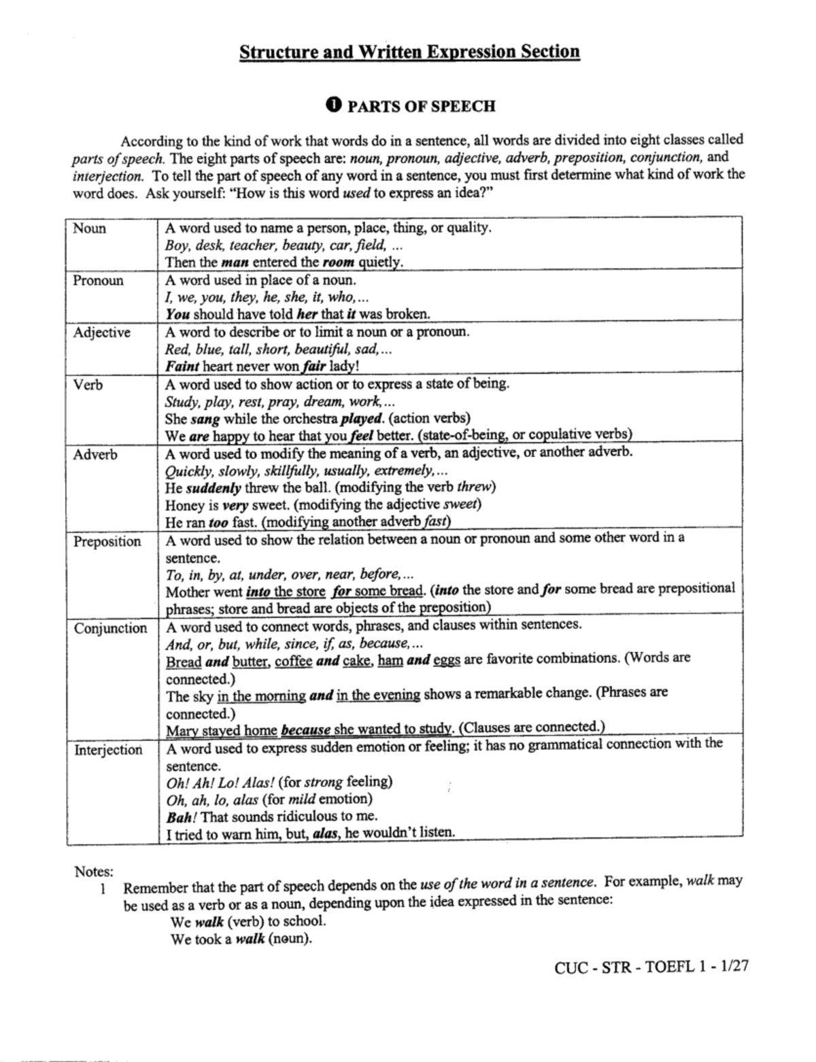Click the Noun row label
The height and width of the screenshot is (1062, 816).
tap(90, 228)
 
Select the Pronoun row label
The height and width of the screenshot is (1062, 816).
tap(99, 281)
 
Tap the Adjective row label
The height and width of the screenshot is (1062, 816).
tap(102, 332)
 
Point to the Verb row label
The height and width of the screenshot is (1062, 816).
tap(88, 385)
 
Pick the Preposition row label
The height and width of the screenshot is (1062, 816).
tap(107, 542)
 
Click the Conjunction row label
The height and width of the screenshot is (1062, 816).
tap(111, 628)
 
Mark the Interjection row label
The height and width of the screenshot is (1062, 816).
tap(109, 750)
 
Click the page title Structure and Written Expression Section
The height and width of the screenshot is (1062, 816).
tap(409, 52)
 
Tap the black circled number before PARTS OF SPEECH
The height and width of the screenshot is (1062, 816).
tap(333, 105)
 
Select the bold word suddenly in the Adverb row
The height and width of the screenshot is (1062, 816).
tap(214, 487)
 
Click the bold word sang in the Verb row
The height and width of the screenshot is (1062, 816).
tap(205, 419)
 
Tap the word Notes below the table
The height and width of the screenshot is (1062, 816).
tap(94, 871)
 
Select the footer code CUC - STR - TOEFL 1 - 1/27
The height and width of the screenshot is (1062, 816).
tap(651, 966)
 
